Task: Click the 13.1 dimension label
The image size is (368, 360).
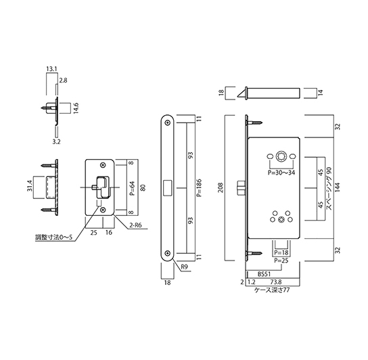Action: (x=51, y=68)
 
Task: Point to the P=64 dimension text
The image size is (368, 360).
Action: (x=132, y=185)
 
